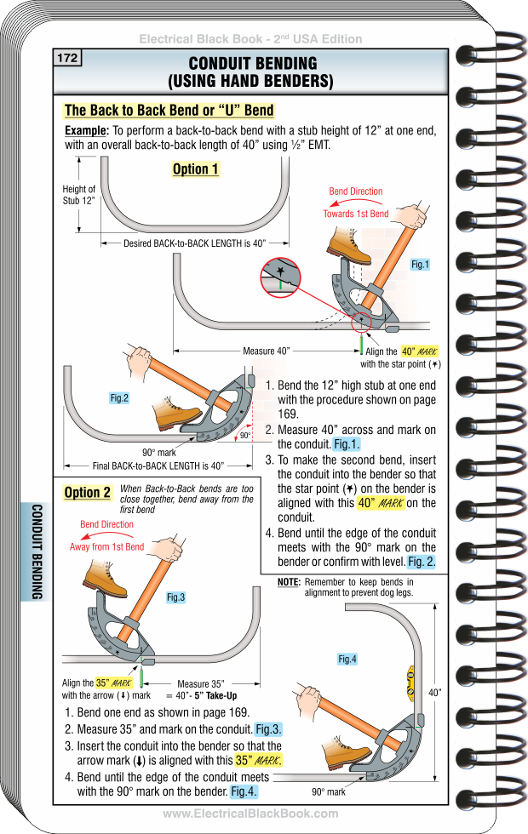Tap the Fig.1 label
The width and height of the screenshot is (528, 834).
tap(420, 266)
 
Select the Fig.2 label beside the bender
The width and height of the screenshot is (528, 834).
tap(119, 398)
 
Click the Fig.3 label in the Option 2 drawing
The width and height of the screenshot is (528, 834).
tap(175, 598)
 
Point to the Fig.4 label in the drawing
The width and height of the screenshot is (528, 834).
tap(347, 660)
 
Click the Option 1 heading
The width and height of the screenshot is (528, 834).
tap(195, 169)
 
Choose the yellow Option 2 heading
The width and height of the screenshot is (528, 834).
tap(88, 493)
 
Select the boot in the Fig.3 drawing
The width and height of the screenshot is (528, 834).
tap(105, 580)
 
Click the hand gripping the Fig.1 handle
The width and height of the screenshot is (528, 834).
tap(416, 215)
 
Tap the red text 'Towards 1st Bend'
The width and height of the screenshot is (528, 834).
tap(355, 214)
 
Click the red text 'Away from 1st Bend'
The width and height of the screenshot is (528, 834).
tap(106, 547)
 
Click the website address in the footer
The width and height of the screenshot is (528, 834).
tap(250, 814)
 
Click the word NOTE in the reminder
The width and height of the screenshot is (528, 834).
tap(289, 581)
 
